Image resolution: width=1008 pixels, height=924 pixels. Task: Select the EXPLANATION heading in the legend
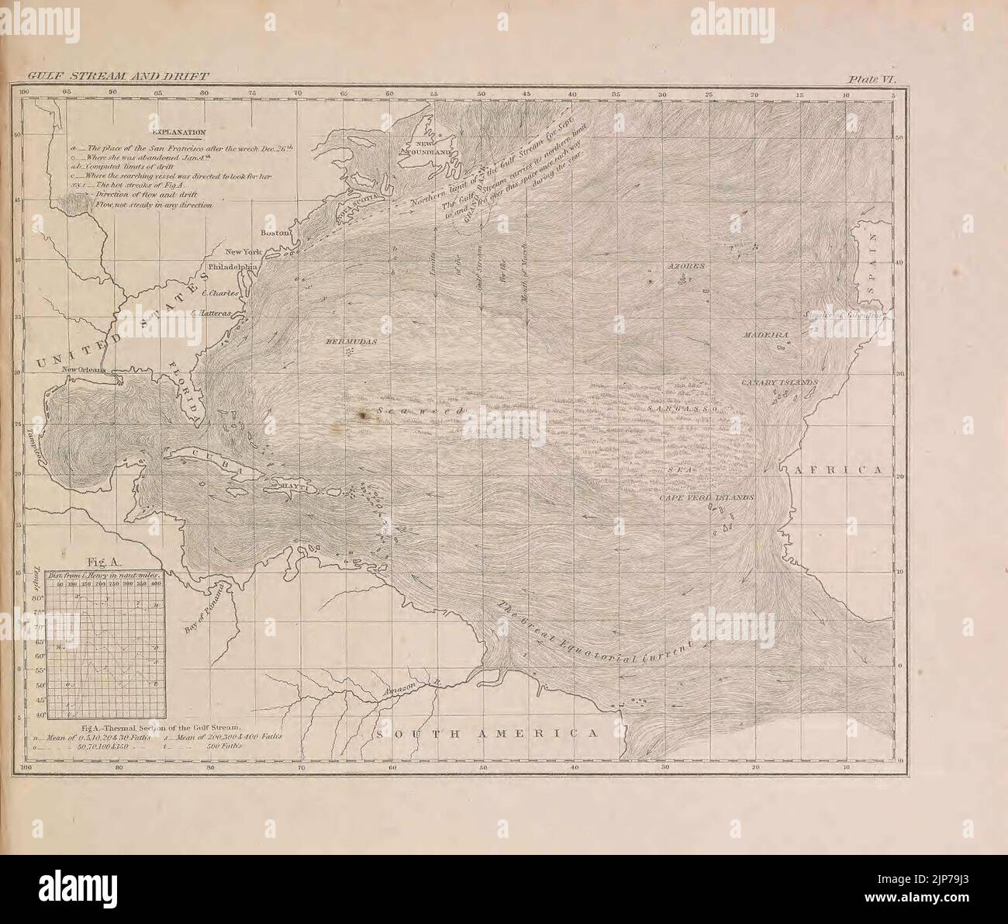click(x=178, y=133)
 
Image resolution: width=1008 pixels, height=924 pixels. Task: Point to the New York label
click(x=243, y=251)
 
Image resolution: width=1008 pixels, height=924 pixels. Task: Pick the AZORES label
click(x=686, y=266)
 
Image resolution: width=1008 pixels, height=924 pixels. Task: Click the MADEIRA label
click(x=766, y=334)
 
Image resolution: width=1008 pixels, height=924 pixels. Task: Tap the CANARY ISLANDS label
click(x=780, y=383)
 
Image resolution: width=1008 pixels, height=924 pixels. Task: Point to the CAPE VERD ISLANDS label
click(x=706, y=497)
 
